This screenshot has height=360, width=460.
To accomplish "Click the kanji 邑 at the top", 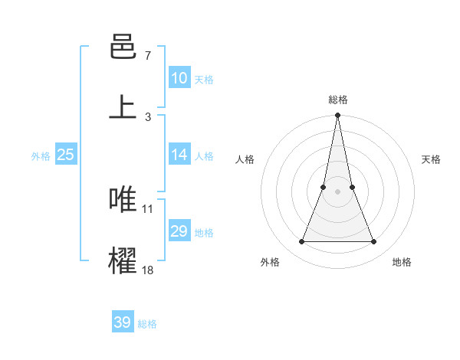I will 123,47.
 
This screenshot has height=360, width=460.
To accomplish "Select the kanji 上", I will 123,107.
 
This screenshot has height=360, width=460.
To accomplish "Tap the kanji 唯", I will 123,199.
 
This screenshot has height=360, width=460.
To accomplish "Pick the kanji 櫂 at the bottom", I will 123,260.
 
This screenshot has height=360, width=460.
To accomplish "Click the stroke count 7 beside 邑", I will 148,56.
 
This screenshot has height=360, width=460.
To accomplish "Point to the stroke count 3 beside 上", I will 148,116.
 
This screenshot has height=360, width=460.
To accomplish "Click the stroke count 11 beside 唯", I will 148,208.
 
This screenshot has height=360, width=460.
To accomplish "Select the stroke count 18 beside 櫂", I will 148,269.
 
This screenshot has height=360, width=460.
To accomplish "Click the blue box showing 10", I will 179,78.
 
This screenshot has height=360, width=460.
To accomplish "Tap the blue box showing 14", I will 179,155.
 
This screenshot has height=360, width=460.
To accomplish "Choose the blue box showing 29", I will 179,231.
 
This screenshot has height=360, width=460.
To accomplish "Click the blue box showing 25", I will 66,155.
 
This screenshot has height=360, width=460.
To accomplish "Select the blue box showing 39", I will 123,322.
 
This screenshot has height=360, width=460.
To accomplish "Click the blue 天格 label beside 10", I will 204,80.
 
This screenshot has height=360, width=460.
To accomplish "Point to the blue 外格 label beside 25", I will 41,156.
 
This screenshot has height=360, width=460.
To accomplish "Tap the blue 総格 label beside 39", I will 147,324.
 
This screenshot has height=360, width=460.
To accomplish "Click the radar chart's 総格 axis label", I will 337,100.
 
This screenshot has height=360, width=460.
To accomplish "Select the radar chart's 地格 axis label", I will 402,262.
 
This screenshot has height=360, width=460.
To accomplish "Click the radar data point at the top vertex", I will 337,116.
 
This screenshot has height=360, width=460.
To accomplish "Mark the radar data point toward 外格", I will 301,242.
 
